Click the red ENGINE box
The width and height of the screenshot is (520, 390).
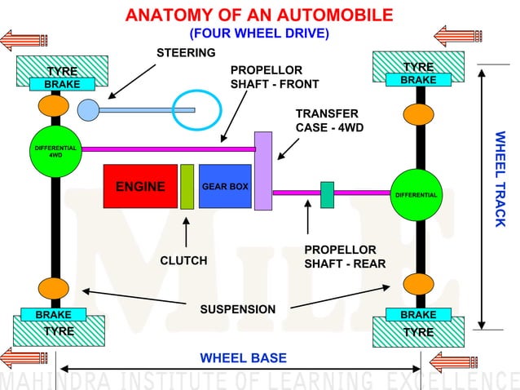pos(140,186)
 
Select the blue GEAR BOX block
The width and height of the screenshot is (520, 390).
pos(225,186)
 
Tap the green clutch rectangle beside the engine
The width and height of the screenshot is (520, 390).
pos(187,186)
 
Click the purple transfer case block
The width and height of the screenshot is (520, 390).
pos(262,171)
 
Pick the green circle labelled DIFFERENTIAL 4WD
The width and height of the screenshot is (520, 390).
pos(55,151)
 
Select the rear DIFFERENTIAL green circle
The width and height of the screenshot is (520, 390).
pos(416,195)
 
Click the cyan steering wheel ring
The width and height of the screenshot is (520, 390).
pos(196,109)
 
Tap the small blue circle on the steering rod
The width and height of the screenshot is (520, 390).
pos(88,109)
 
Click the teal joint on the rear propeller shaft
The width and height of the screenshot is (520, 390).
pos(328,194)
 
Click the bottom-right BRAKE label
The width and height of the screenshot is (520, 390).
pos(418,314)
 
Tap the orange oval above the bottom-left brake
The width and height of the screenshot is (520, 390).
pos(54,289)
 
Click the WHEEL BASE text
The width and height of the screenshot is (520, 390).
pos(243,358)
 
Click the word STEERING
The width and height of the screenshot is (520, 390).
pos(186,53)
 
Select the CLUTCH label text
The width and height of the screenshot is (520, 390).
pos(183,260)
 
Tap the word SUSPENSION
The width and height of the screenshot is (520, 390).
pos(238,309)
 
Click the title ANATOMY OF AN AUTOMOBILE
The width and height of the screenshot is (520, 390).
pos(259,15)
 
